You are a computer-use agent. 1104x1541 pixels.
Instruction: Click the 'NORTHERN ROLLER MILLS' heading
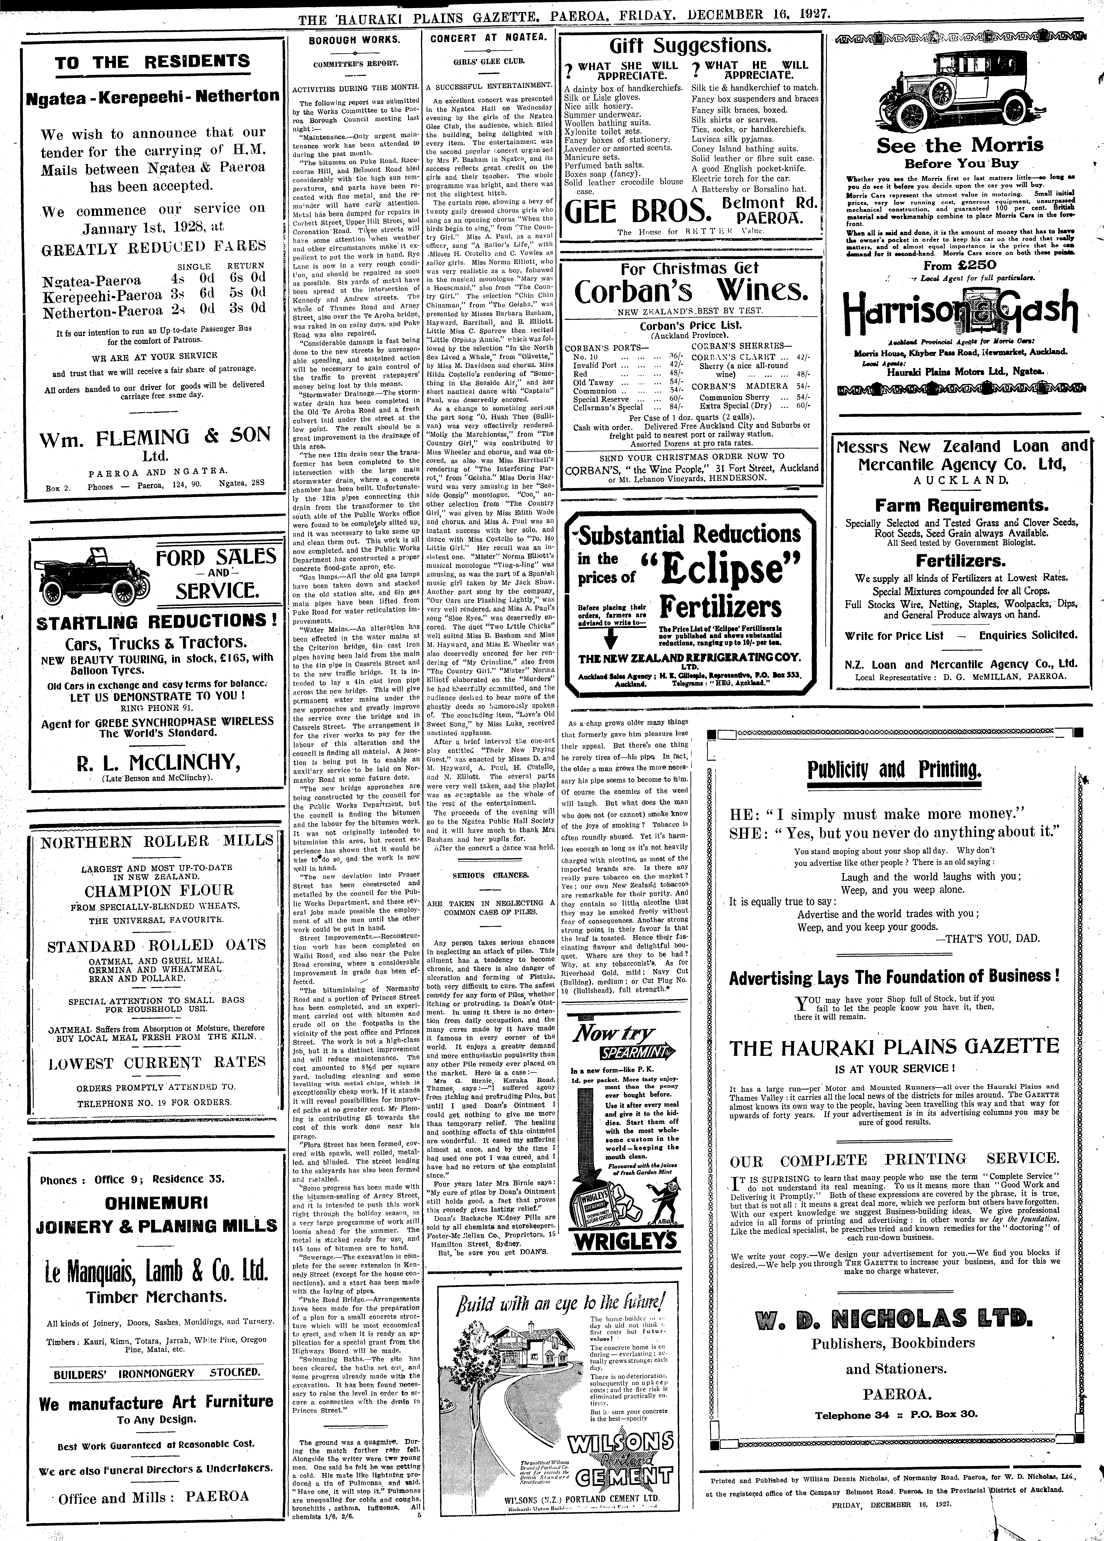156,842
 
